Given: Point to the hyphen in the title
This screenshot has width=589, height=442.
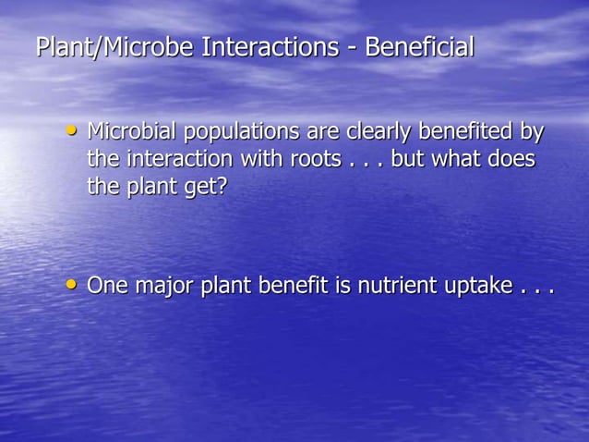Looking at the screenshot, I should [x=352, y=48].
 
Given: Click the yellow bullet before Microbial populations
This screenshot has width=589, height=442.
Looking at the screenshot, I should [x=72, y=130].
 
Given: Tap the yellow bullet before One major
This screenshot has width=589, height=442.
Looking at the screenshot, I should [x=72, y=284].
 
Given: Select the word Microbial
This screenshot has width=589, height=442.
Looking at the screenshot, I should [x=132, y=131].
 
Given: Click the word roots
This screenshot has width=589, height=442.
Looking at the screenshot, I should [x=316, y=159].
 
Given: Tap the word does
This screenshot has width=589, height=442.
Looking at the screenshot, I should [x=512, y=158].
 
